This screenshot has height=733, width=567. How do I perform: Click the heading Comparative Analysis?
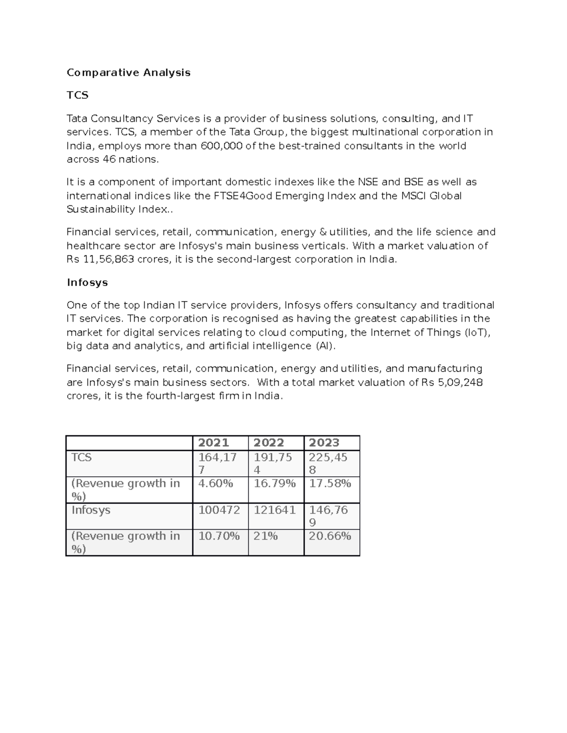point(129,73)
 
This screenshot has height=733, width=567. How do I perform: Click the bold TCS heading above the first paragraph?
point(77,95)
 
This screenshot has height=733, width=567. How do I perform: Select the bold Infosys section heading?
point(87,283)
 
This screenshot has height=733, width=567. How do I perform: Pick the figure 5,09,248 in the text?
point(460,382)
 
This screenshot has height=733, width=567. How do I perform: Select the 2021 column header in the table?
point(213,443)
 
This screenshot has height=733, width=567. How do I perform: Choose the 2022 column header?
point(268,443)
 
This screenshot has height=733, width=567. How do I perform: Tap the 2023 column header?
point(324,443)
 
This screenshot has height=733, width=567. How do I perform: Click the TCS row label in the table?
point(81,457)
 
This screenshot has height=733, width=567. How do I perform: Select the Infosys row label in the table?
point(91,510)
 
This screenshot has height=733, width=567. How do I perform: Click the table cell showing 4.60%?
point(215,484)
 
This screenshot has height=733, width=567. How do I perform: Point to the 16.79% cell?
point(275,484)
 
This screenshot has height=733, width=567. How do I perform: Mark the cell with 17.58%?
point(330,484)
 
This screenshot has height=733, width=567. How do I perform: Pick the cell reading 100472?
point(219,510)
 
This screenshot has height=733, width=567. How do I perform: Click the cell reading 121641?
point(275,510)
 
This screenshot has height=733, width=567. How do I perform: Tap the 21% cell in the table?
point(266,536)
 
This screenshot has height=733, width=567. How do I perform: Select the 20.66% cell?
point(330,536)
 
